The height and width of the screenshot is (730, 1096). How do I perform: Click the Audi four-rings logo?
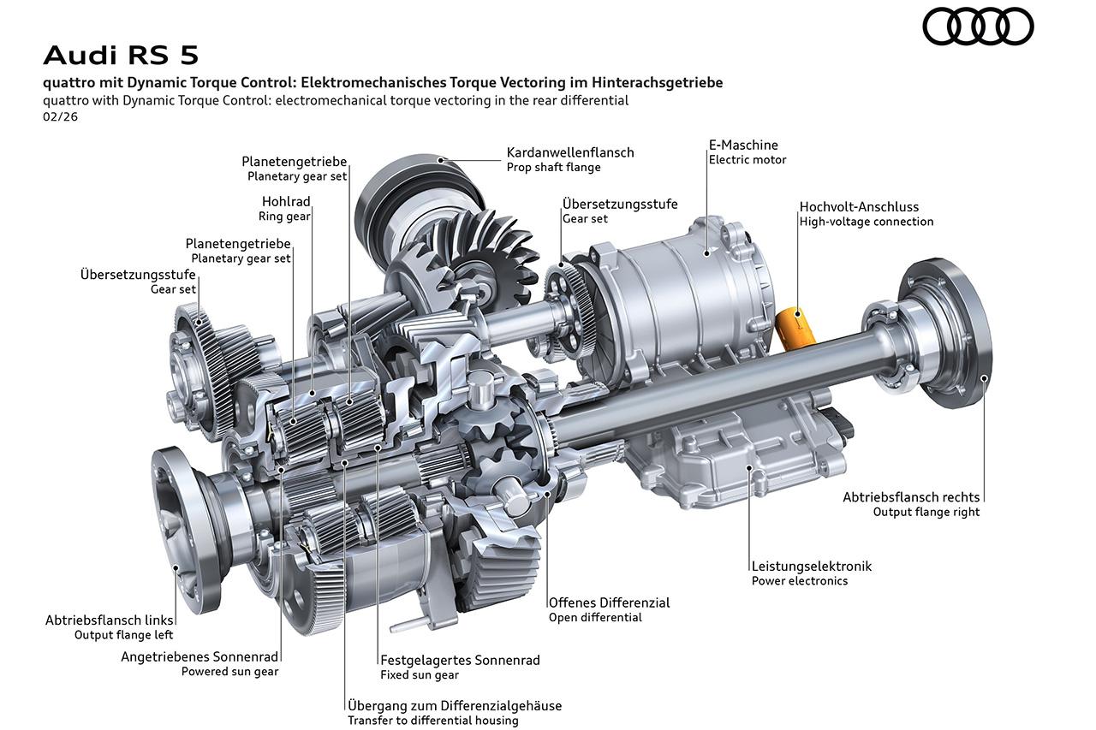point(978,27)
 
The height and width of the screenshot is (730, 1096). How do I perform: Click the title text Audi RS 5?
point(121,55)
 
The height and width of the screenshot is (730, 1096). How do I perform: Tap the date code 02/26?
point(59,116)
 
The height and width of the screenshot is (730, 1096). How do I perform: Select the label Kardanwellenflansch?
point(569,152)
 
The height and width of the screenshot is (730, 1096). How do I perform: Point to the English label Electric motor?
point(747,159)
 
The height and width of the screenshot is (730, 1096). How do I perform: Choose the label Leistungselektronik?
point(811,566)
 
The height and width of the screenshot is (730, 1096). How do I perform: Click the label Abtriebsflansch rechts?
point(911,496)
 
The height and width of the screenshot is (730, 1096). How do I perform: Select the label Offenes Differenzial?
point(609,602)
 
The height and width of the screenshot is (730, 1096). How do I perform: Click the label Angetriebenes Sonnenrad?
point(200,656)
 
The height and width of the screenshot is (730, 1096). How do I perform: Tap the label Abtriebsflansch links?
point(110,620)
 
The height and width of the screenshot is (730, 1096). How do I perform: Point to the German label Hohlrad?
point(286,202)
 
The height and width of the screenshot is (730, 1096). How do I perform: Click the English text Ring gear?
point(284,217)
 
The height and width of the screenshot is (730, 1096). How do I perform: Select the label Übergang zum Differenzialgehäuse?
point(455,706)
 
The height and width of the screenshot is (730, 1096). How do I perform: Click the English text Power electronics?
point(799,580)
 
